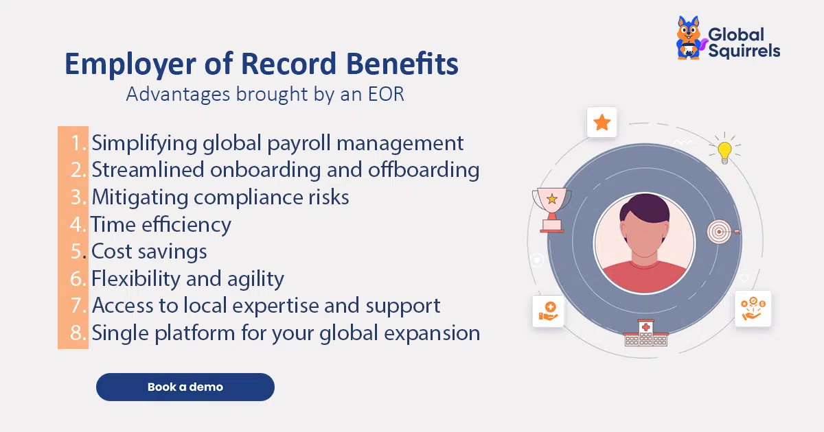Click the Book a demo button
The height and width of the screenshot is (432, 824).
[185, 387]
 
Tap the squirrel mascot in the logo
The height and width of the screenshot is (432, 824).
[689, 38]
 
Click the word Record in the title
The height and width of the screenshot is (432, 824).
[288, 64]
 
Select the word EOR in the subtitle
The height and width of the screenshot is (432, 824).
[386, 94]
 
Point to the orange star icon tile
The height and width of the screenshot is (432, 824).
[602, 122]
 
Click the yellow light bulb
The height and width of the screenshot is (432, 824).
[724, 152]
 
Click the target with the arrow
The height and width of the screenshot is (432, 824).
[721, 232]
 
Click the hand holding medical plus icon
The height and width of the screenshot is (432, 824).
[548, 311]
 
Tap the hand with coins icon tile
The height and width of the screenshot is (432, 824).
[753, 309]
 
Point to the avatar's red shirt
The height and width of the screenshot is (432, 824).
[644, 276]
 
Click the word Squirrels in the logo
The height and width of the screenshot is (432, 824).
[744, 51]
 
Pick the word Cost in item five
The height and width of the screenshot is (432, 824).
[111, 252]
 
